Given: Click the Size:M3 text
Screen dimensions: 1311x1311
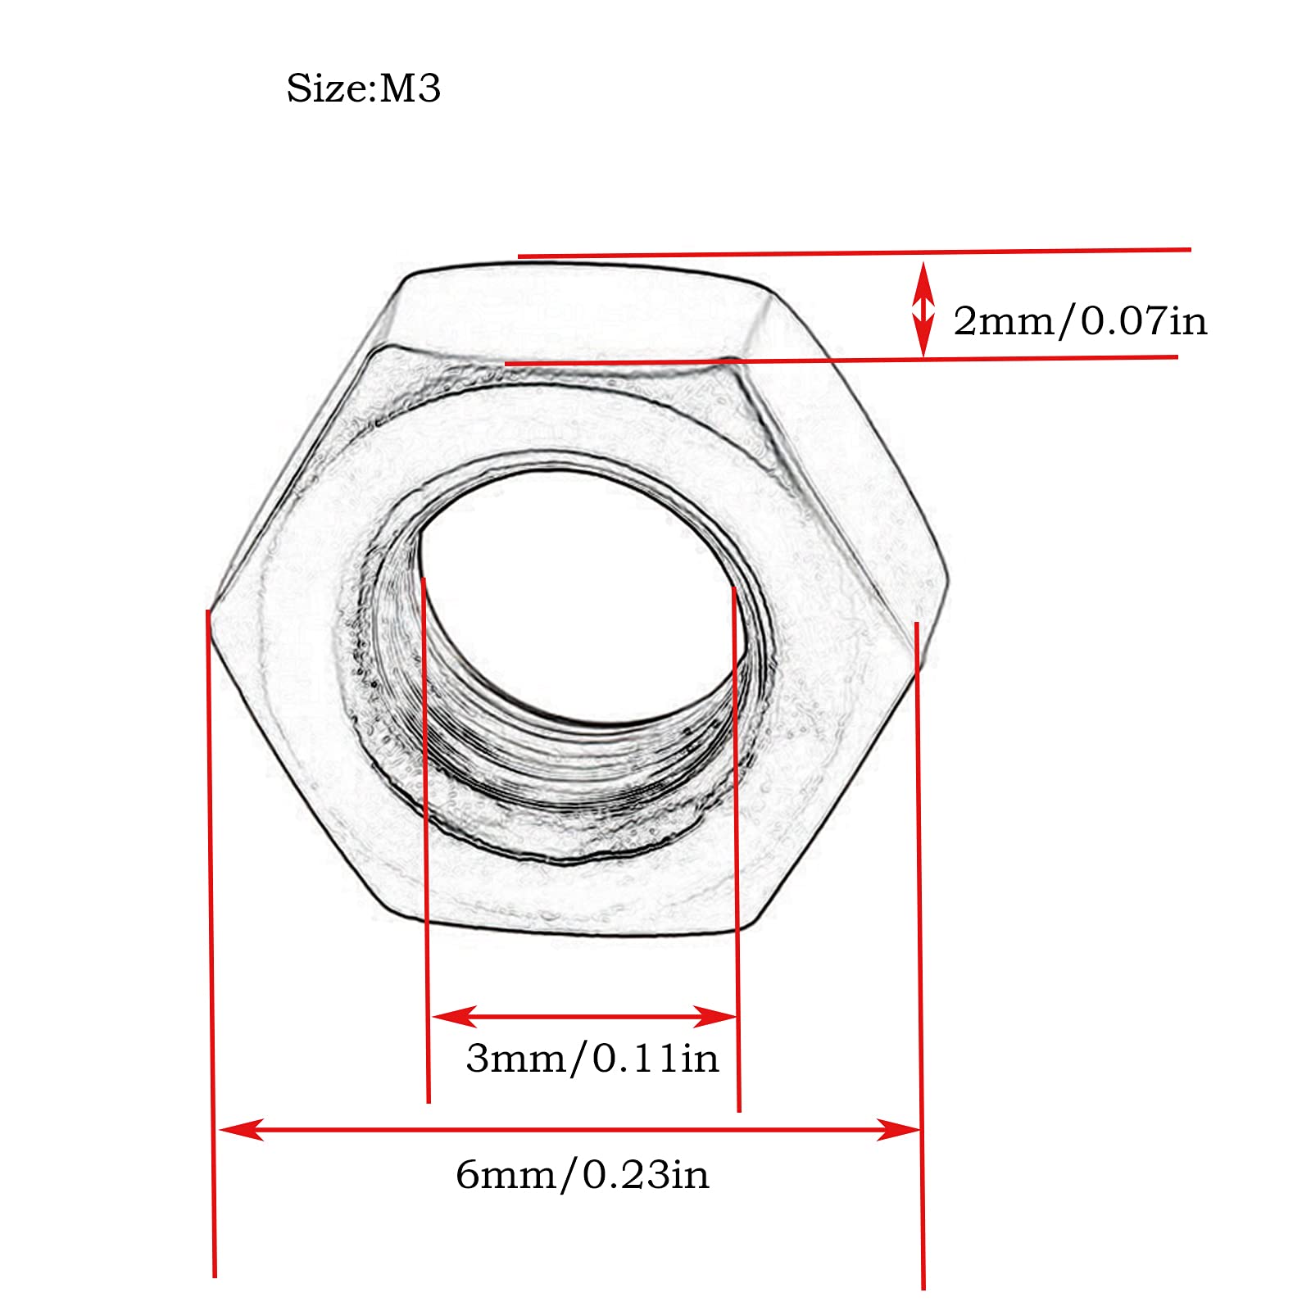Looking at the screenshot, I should (363, 88).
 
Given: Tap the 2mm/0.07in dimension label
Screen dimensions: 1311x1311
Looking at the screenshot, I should (1079, 320).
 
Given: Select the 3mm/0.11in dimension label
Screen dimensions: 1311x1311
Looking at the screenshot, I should (592, 1058).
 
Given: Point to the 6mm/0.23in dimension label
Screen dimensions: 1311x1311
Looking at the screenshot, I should (582, 1175).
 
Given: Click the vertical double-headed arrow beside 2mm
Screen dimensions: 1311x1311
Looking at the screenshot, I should (923, 310).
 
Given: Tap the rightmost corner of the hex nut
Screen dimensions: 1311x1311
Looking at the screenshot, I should (947, 574).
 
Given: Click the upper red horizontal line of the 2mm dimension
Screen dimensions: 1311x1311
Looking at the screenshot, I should (852, 252).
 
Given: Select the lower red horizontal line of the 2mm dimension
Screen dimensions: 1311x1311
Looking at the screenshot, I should (844, 359).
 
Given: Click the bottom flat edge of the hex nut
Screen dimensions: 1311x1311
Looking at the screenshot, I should (574, 930).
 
